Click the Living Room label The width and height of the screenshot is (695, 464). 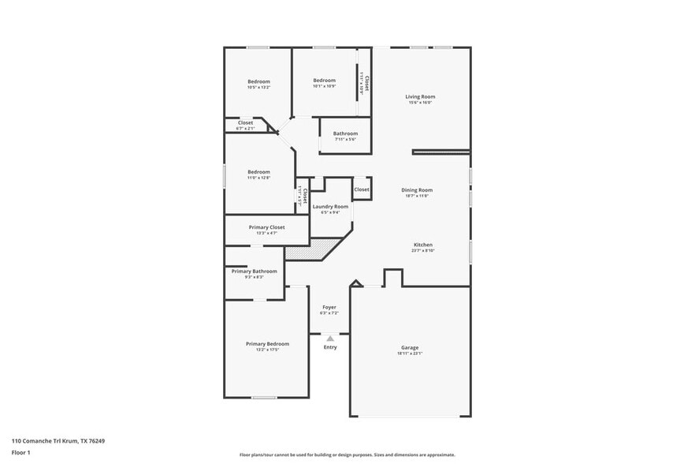click(x=421, y=96)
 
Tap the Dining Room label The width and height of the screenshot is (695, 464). click(x=417, y=189)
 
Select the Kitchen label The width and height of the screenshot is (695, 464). click(x=423, y=245)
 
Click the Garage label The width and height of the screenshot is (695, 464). click(x=410, y=347)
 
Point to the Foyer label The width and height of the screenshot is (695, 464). click(x=329, y=307)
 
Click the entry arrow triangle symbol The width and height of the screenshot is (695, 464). click(x=330, y=338)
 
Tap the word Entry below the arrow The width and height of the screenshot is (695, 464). click(x=330, y=347)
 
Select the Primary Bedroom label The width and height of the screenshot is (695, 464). click(x=267, y=343)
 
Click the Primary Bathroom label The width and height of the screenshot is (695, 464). click(x=254, y=271)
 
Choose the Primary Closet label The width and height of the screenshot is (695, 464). click(x=266, y=226)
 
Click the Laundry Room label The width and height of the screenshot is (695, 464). click(x=330, y=206)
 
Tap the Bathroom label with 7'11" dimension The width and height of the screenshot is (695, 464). click(x=345, y=133)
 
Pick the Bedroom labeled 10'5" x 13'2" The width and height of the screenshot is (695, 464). click(x=258, y=81)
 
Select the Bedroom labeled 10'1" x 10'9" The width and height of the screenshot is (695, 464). click(x=324, y=80)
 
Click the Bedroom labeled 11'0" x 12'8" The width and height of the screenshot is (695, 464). click(x=258, y=171)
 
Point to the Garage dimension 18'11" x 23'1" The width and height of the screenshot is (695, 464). click(x=410, y=354)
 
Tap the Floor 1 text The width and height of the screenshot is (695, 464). click(x=20, y=453)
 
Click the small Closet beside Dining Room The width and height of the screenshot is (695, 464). click(x=362, y=189)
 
